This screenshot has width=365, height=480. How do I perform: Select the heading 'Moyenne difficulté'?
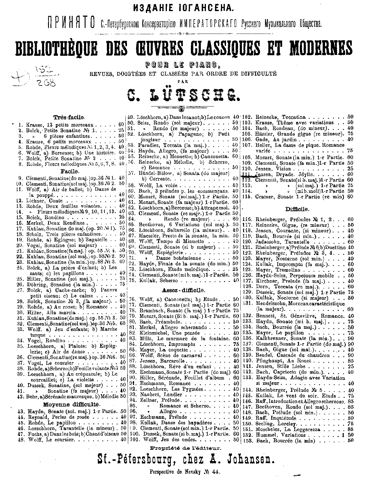click(x=71, y=403)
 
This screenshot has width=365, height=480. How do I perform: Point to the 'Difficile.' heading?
click(x=297, y=209)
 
